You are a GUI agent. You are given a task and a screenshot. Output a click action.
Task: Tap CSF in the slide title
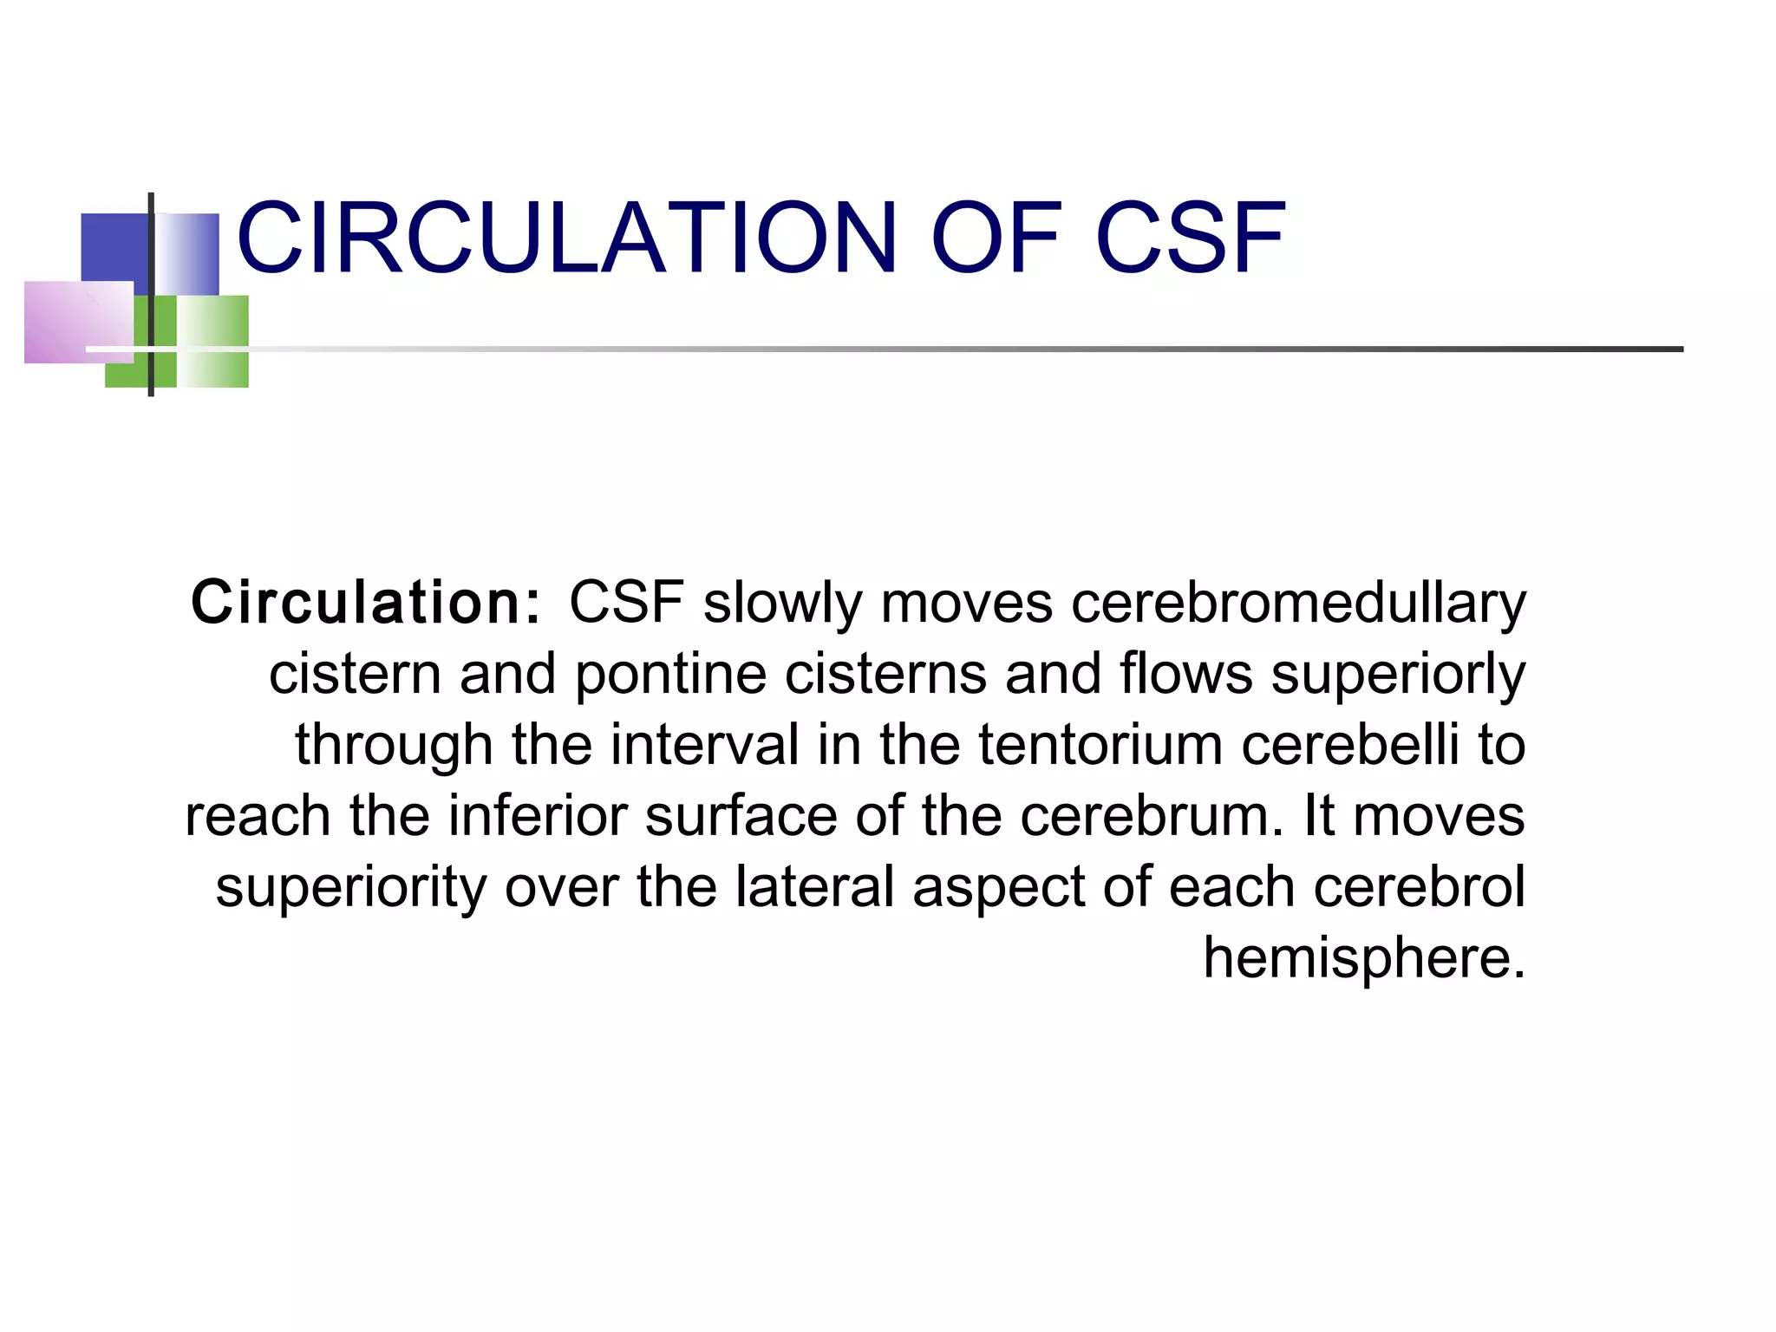click(1191, 238)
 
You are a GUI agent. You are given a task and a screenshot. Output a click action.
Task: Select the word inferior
click(537, 816)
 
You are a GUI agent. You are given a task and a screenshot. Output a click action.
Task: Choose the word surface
click(741, 816)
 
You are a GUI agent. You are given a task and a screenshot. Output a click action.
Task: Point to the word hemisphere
click(1363, 957)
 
